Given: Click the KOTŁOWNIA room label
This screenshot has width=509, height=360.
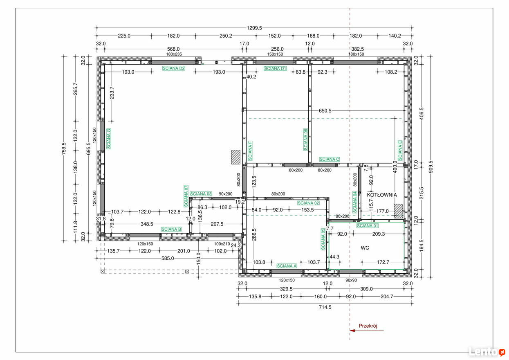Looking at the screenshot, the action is (382, 195).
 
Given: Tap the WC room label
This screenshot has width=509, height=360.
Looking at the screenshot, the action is (365, 248).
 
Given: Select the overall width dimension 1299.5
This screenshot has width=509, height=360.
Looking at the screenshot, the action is (254, 28).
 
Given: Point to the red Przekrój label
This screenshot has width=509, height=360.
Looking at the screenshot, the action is (368, 326).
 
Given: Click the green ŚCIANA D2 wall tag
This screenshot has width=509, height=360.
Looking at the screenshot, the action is (174, 68).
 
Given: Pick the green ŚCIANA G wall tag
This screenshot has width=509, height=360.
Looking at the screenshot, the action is (109, 139).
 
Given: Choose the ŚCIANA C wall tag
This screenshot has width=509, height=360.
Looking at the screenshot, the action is (330, 159).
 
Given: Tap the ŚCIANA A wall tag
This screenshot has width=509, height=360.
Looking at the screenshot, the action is (287, 266).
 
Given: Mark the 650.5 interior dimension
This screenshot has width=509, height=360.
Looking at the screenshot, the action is (325, 111).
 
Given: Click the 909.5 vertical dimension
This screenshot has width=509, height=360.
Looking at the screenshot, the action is (431, 167).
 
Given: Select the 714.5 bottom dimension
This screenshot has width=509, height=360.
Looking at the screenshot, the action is (325, 307).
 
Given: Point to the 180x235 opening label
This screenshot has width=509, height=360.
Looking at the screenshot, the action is (174, 54).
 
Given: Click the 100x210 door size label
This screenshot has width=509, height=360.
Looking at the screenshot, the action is (222, 244).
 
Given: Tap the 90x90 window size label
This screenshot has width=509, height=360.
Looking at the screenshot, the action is (351, 280).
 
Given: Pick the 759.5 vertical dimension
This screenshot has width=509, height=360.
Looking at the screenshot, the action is (64, 149).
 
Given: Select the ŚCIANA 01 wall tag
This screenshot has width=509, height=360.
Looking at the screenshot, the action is (368, 225).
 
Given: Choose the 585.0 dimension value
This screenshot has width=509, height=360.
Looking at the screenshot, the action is (168, 259).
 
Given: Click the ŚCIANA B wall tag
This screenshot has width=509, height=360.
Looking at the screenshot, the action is (171, 229).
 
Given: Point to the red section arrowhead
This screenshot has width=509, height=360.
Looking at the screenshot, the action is (352, 331).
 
